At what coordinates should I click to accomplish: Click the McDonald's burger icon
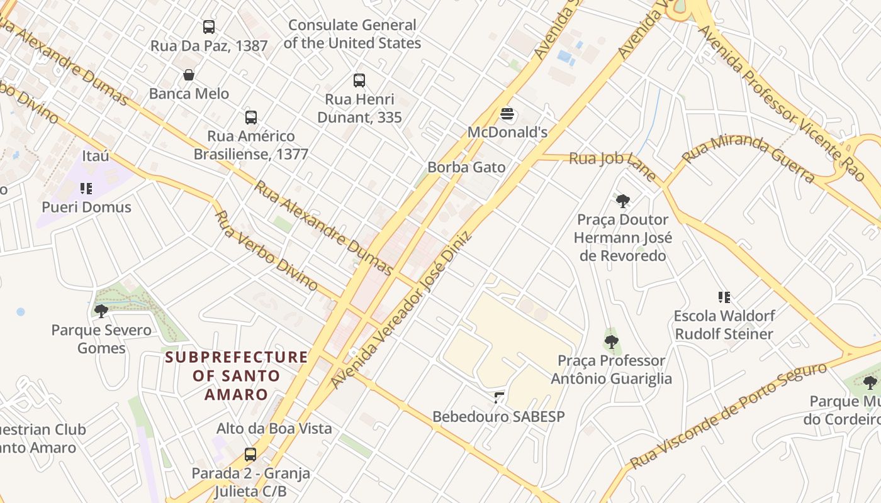click(507, 114)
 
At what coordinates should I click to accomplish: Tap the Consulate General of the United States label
click(352, 34)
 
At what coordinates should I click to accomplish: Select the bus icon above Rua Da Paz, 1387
click(209, 27)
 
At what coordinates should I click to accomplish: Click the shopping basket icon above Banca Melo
click(188, 75)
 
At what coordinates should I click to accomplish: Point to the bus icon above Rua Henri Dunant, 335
click(359, 80)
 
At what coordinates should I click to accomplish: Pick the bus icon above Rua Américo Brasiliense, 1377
click(251, 118)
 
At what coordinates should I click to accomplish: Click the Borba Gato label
click(466, 167)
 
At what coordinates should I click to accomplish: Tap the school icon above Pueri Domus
click(86, 189)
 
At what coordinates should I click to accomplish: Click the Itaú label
click(96, 156)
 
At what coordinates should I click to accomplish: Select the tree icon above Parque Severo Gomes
click(101, 311)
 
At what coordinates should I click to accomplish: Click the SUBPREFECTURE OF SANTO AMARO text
click(237, 376)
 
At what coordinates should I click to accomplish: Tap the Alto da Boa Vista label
click(274, 429)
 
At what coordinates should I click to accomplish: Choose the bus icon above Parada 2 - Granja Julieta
click(250, 455)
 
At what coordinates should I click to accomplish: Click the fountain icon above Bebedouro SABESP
click(499, 397)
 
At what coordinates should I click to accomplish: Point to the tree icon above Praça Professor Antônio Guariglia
click(611, 342)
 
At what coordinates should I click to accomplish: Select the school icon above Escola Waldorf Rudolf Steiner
click(724, 297)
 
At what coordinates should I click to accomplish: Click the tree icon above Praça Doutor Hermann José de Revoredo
click(623, 201)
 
